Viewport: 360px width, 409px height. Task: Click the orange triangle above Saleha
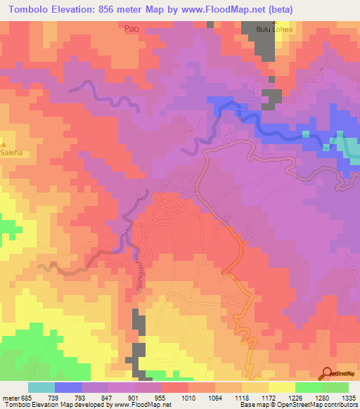4,142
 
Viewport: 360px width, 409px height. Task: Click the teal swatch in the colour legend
41,387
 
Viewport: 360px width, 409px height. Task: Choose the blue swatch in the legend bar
67,387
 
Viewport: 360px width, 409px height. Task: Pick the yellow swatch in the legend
281,387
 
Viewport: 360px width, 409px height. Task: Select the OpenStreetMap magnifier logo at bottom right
327,372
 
